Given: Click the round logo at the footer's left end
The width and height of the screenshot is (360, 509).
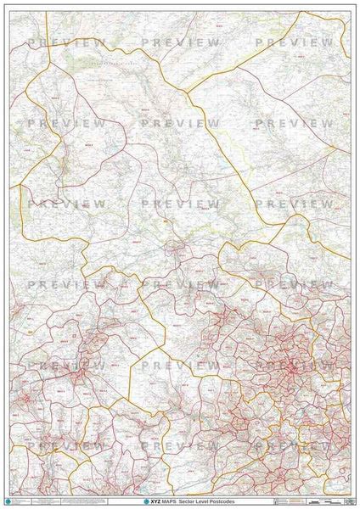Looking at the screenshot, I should click(8, 502).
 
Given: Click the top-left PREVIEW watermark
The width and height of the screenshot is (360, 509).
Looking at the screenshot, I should click(66, 42).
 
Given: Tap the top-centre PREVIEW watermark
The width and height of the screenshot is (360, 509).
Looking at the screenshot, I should click(180, 42).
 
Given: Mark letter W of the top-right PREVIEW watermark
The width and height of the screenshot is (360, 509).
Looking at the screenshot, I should click(328, 42).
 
